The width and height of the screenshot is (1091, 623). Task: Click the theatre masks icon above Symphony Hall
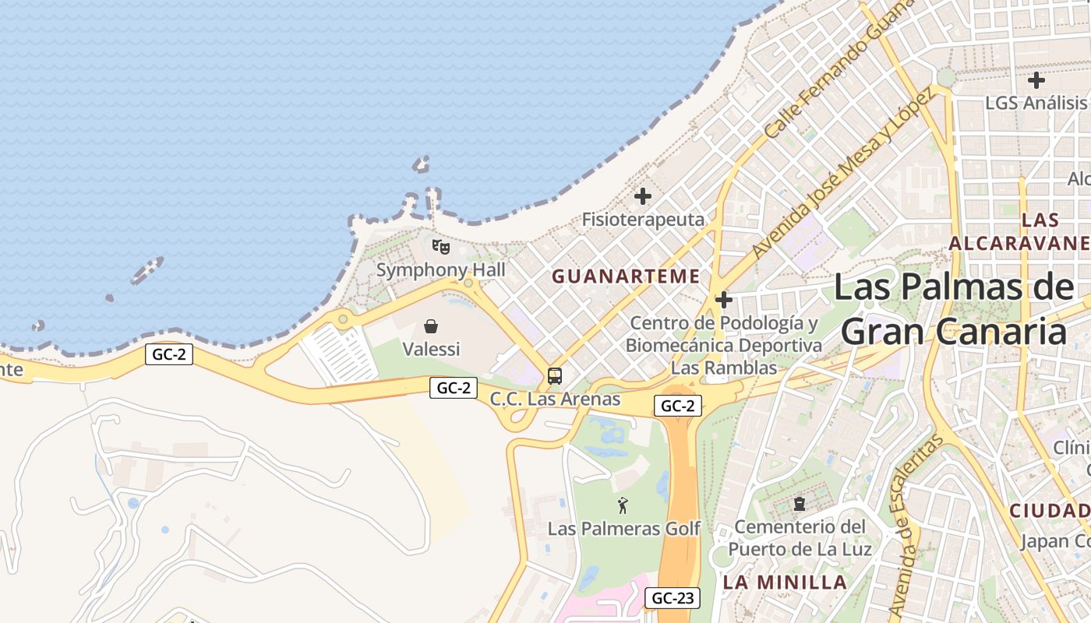441,247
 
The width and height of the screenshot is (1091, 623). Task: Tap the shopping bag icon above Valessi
430,326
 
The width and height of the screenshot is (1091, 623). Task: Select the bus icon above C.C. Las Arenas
555,376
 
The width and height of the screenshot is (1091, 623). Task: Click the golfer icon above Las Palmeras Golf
623,506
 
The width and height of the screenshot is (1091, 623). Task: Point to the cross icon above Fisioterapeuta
643,196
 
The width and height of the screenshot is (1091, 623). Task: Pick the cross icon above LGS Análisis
1036,79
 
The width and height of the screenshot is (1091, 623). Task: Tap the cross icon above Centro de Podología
724,299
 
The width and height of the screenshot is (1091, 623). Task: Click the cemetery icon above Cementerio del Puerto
800,504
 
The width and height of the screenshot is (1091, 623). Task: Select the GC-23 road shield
673,598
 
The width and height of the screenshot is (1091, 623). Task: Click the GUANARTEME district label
626,276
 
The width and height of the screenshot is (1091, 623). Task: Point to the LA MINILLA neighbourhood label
785,583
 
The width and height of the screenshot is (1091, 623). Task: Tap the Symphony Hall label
441,270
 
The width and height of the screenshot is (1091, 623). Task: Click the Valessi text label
431,349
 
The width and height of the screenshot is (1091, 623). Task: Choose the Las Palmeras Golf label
624,529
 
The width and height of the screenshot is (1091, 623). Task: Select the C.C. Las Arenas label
555,399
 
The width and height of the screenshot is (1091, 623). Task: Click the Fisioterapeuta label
643,220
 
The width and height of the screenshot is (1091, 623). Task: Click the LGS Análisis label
1036,103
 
